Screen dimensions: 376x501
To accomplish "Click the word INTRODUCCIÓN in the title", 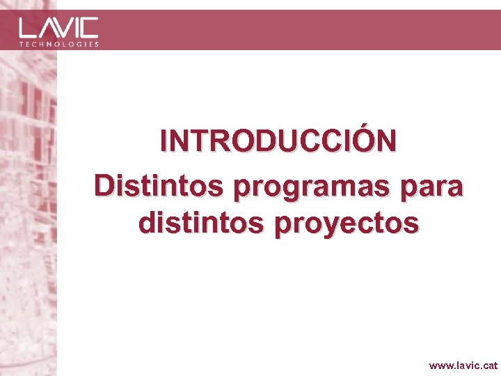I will point(278,141).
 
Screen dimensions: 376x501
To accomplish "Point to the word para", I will point(437,187).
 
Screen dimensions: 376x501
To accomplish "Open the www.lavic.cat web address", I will point(463,365).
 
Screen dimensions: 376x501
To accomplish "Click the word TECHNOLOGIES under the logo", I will point(58,44).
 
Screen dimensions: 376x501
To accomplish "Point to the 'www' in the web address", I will point(440,365).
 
